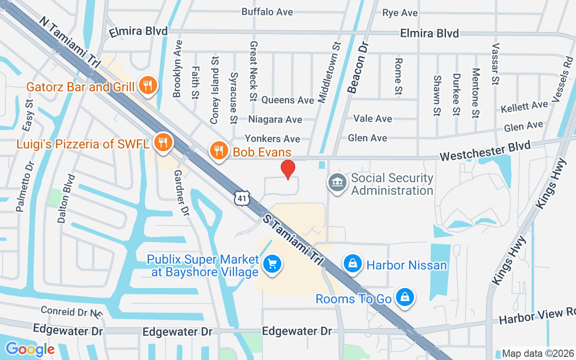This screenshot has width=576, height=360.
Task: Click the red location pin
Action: (288, 169)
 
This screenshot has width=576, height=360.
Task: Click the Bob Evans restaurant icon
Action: (219, 151)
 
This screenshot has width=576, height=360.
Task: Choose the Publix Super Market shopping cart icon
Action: (272, 264)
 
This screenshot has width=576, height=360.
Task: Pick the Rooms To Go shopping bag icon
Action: (405, 297)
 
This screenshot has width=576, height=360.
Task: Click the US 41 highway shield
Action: (242, 198)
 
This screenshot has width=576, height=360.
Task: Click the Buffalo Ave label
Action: (267, 12)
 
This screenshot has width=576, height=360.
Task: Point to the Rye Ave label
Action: (400, 13)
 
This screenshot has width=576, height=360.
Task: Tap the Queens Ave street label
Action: (288, 100)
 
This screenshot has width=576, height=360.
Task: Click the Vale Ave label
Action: (373, 118)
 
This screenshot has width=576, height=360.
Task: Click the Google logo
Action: (30, 349)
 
